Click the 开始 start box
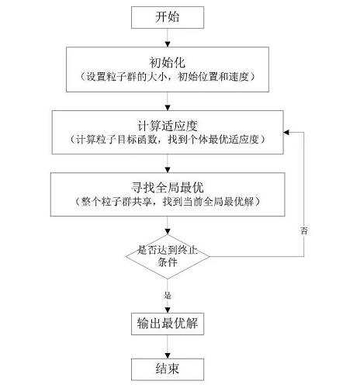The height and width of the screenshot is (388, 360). (x=168, y=17)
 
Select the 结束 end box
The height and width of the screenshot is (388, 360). (x=168, y=369)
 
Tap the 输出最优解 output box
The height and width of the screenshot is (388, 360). (x=168, y=324)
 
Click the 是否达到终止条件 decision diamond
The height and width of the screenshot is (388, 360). (x=168, y=257)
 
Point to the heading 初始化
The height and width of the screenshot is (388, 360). (x=168, y=62)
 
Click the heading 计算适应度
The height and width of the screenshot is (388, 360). (x=168, y=126)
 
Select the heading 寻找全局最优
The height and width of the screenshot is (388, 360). (x=168, y=188)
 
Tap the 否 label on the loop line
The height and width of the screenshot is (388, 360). (x=304, y=230)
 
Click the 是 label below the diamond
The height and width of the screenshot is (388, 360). (x=168, y=295)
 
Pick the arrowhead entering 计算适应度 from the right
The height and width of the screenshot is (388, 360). (x=286, y=133)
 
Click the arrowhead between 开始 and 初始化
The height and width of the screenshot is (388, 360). (x=168, y=44)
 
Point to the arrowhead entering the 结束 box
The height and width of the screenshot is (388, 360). (x=168, y=355)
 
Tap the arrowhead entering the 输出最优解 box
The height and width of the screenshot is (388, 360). (x=168, y=310)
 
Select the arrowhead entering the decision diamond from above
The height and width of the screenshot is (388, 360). (x=168, y=231)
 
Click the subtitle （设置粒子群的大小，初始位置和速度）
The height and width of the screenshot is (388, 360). (x=168, y=77)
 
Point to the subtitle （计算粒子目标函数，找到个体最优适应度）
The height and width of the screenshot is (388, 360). (x=168, y=140)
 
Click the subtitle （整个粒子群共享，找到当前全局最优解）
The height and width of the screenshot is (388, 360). (x=168, y=202)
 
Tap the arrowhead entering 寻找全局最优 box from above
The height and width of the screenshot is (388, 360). (x=168, y=170)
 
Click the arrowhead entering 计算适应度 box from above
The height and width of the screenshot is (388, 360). (x=168, y=108)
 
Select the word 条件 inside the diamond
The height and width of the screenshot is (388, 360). (x=168, y=262)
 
